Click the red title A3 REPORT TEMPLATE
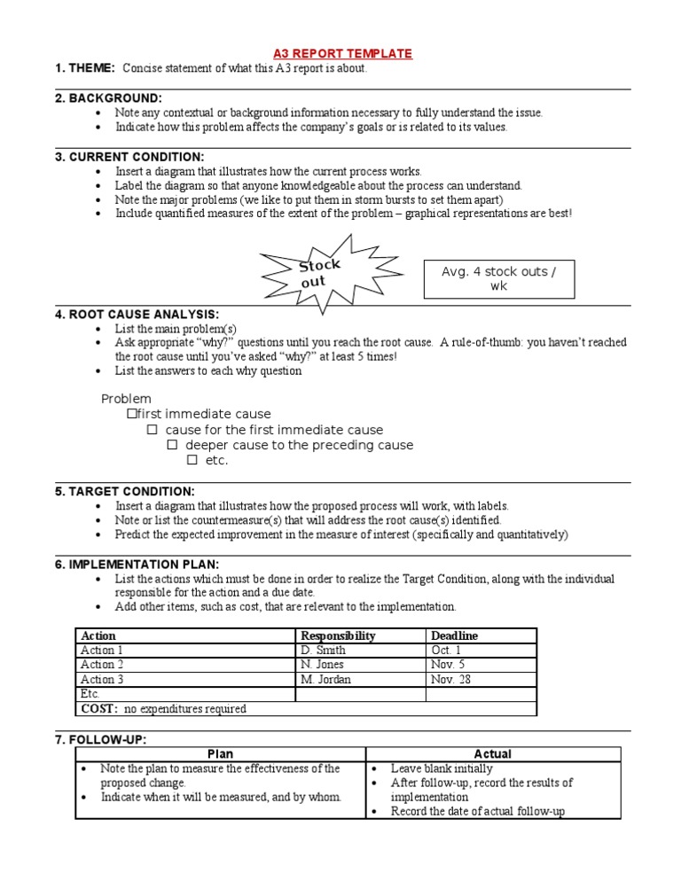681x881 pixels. coord(341,53)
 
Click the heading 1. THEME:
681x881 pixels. coord(85,68)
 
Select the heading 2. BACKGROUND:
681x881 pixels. coord(108,97)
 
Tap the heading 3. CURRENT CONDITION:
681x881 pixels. coord(129,157)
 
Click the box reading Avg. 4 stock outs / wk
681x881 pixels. coord(499,279)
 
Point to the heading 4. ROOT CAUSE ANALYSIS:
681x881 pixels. coord(137,314)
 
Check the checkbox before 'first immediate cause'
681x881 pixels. coord(132,414)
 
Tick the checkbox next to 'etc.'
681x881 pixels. coord(192,460)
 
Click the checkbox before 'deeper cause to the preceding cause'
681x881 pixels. coord(172,445)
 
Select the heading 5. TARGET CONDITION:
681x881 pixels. coord(125,491)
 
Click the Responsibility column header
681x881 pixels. coord(338,635)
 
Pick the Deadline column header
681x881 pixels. coord(454,635)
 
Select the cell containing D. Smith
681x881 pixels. coord(323,650)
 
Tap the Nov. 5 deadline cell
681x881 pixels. coord(448,664)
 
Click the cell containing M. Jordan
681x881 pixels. coord(325,679)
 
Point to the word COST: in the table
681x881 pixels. coord(100,708)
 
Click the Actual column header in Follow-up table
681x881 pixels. coord(492,754)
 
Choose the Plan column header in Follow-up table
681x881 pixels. coord(220,754)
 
